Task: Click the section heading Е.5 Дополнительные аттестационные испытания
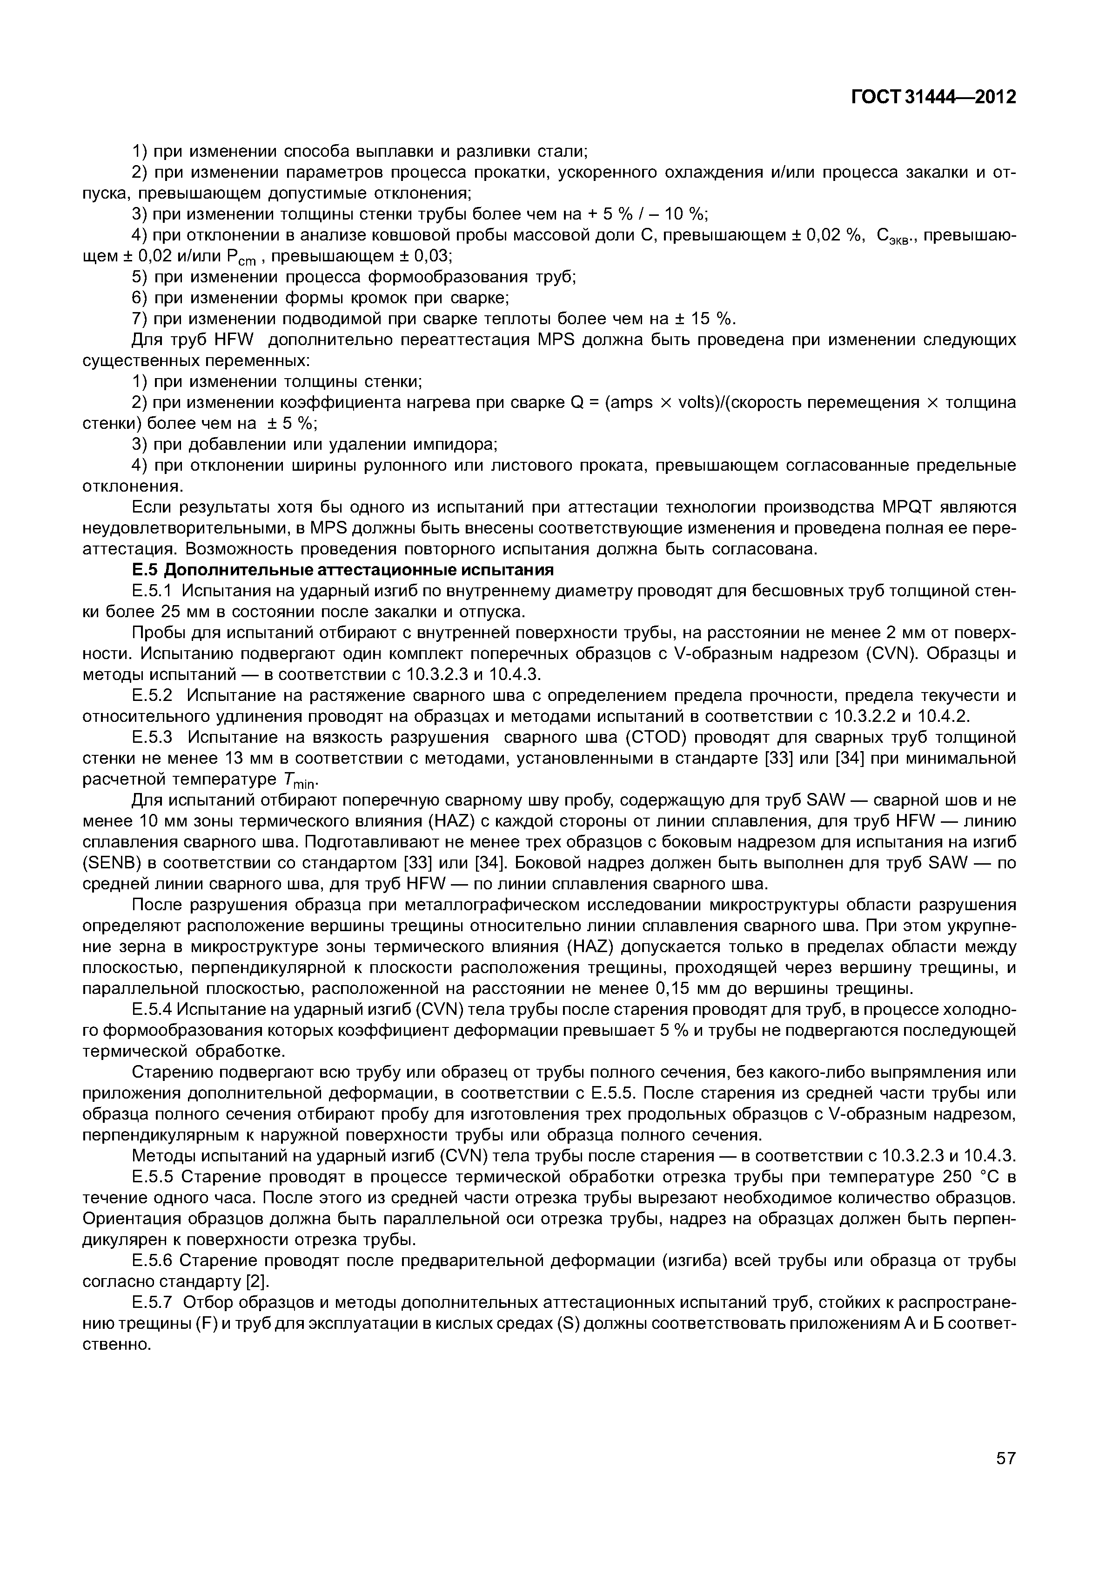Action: (x=343, y=571)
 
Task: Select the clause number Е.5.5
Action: (x=154, y=1178)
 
